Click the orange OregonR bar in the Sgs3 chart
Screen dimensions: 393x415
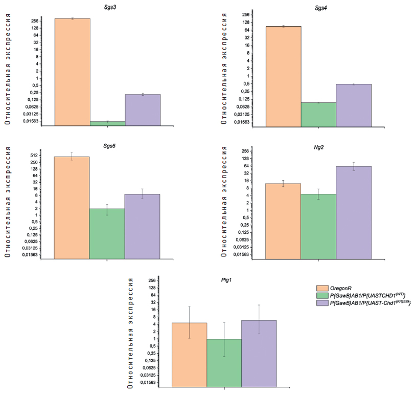tap(72, 72)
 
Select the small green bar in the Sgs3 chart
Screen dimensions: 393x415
tap(107, 123)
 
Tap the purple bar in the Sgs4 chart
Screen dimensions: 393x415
tap(354, 105)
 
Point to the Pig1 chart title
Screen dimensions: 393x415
tap(224, 280)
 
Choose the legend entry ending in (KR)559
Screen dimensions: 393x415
tap(367, 303)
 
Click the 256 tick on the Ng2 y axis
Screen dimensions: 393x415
tap(245, 151)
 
